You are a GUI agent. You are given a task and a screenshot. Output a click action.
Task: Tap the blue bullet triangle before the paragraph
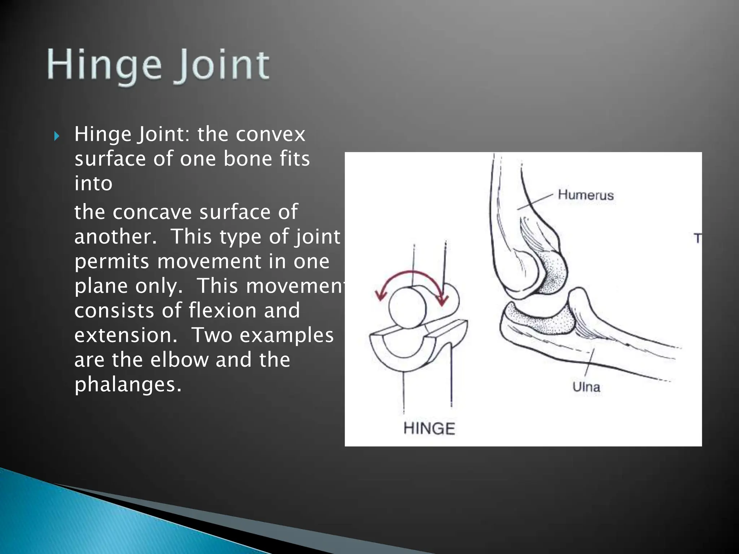(56, 136)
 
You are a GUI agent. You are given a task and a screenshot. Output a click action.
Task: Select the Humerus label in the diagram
(585, 195)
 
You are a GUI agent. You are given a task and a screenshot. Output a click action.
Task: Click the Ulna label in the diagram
(586, 387)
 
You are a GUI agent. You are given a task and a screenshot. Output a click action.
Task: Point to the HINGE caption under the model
(429, 428)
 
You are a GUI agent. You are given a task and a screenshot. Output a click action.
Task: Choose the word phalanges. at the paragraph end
(128, 384)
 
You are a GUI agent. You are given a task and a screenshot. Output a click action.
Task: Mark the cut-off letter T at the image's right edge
(698, 238)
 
